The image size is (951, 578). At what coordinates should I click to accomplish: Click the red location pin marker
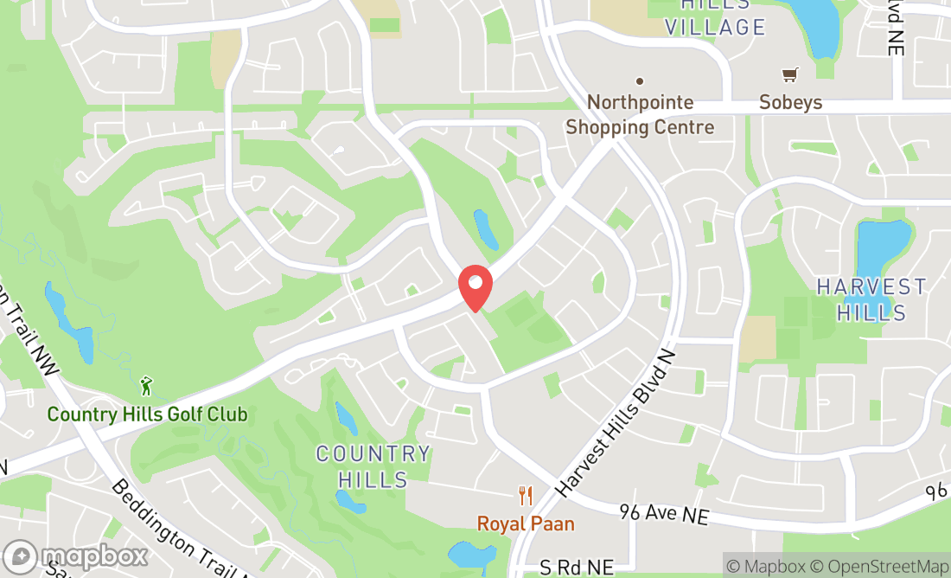tap(475, 288)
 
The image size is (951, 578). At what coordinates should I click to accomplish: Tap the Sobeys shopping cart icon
tap(789, 75)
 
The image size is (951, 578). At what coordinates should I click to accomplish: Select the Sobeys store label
tap(790, 102)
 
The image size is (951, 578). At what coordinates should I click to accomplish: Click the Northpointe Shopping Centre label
tap(640, 115)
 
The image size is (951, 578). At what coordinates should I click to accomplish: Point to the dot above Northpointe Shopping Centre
tap(640, 81)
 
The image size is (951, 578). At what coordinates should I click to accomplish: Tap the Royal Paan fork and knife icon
tap(525, 496)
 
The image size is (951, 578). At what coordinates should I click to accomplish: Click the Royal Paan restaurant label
tap(526, 523)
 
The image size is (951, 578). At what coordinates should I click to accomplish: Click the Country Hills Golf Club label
tap(147, 414)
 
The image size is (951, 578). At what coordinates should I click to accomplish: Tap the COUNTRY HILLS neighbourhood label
tap(373, 466)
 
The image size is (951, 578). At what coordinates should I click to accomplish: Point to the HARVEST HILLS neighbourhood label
tap(871, 299)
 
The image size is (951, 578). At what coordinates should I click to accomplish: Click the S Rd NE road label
tap(577, 568)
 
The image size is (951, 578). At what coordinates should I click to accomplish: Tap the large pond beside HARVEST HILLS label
tap(882, 246)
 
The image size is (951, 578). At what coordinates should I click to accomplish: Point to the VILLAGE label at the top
tap(715, 27)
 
